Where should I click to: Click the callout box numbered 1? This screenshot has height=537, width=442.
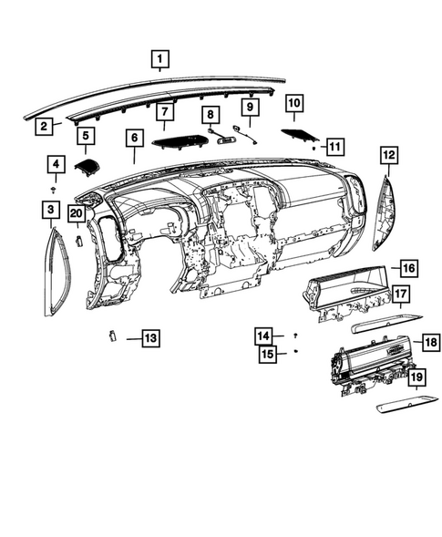coord(159,61)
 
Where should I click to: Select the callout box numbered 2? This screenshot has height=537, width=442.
coord(43,127)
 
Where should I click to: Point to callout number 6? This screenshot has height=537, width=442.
coord(134,139)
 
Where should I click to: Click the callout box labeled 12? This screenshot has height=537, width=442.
coord(389,156)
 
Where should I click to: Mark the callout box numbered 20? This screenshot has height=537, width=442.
coord(78,214)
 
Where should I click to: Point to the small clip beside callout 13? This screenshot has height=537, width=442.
coord(111,336)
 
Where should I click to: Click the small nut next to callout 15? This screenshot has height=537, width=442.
coord(296,352)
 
